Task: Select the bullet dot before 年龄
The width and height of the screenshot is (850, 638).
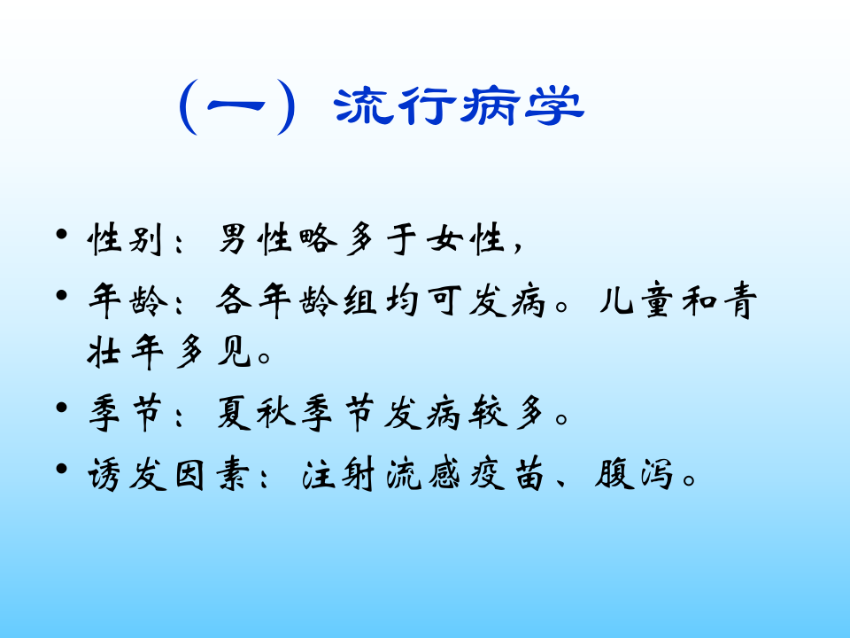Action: [x=61, y=295]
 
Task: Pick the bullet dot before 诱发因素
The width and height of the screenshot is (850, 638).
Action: [x=61, y=469]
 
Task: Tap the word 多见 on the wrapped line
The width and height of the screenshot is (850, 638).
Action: [x=220, y=355]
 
